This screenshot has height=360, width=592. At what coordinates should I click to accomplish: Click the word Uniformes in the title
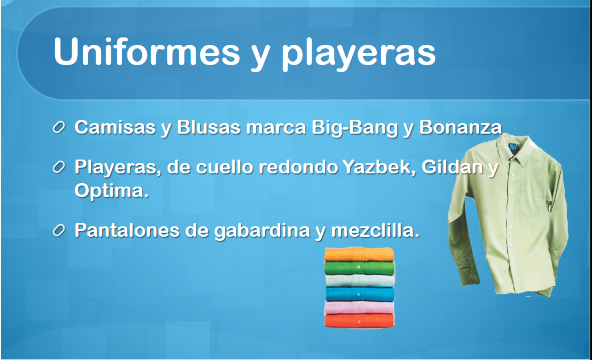(x=147, y=52)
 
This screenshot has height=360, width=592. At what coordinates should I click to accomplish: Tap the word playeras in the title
(x=359, y=55)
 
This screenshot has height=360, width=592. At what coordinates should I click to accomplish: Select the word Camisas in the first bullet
(x=115, y=127)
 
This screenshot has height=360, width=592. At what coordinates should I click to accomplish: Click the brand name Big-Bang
(x=355, y=128)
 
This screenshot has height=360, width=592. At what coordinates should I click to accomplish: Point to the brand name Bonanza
(x=461, y=127)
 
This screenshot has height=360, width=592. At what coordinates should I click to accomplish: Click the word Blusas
(x=209, y=127)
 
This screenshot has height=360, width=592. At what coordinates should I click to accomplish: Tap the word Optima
(x=110, y=191)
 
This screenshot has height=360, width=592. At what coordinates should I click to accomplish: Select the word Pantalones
(x=127, y=230)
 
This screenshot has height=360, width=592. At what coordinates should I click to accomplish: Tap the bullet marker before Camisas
(x=59, y=127)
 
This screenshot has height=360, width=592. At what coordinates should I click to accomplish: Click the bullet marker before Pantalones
(x=59, y=230)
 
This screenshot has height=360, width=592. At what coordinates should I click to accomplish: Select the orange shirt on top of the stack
(x=359, y=255)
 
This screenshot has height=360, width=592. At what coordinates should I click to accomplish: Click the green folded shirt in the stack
(x=360, y=268)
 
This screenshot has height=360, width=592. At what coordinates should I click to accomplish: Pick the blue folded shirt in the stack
(x=360, y=294)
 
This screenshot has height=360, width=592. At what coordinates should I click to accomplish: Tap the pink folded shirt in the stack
(x=359, y=308)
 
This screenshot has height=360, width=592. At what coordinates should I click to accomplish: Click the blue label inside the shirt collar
(x=512, y=147)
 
